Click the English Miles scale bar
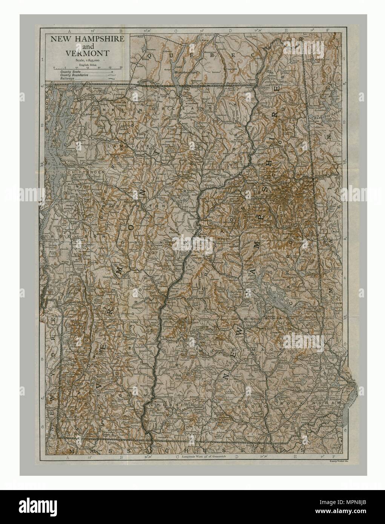(x=87, y=67)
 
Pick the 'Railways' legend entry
(x=68, y=78)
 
